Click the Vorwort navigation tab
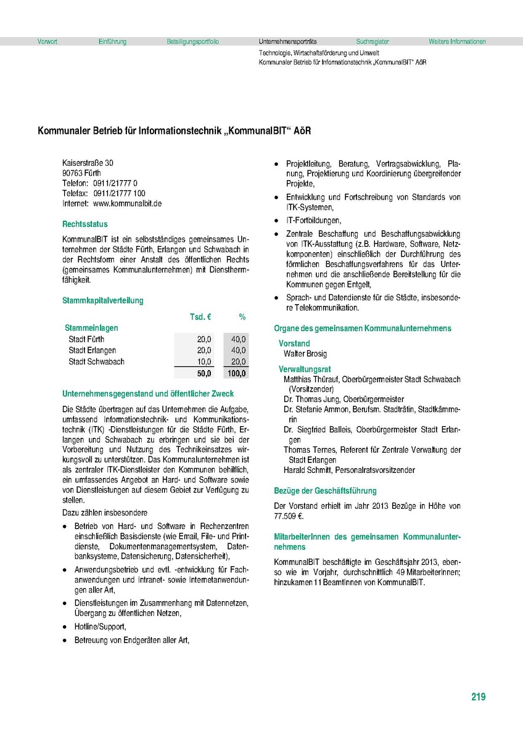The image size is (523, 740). [47, 42]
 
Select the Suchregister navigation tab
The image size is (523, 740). [373, 42]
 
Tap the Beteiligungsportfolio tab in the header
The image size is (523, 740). [192, 42]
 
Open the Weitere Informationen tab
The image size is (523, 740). [457, 42]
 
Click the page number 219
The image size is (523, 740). [478, 697]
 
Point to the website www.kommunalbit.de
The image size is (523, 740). [127, 203]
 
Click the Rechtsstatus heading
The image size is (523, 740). [84, 224]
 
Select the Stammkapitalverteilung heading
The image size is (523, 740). [103, 300]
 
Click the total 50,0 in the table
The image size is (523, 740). [204, 373]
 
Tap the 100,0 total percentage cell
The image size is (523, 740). [237, 373]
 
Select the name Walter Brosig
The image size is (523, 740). [305, 354]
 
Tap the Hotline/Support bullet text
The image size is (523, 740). [100, 627]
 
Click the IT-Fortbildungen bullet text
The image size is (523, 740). [313, 220]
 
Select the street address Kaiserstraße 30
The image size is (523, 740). [88, 163]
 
